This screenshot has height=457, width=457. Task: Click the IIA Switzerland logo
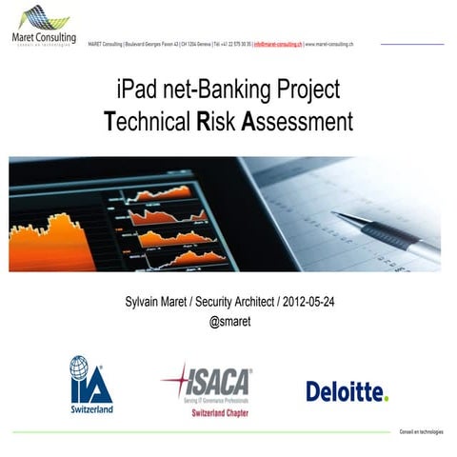[90, 385]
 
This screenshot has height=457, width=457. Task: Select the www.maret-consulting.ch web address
[329, 44]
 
